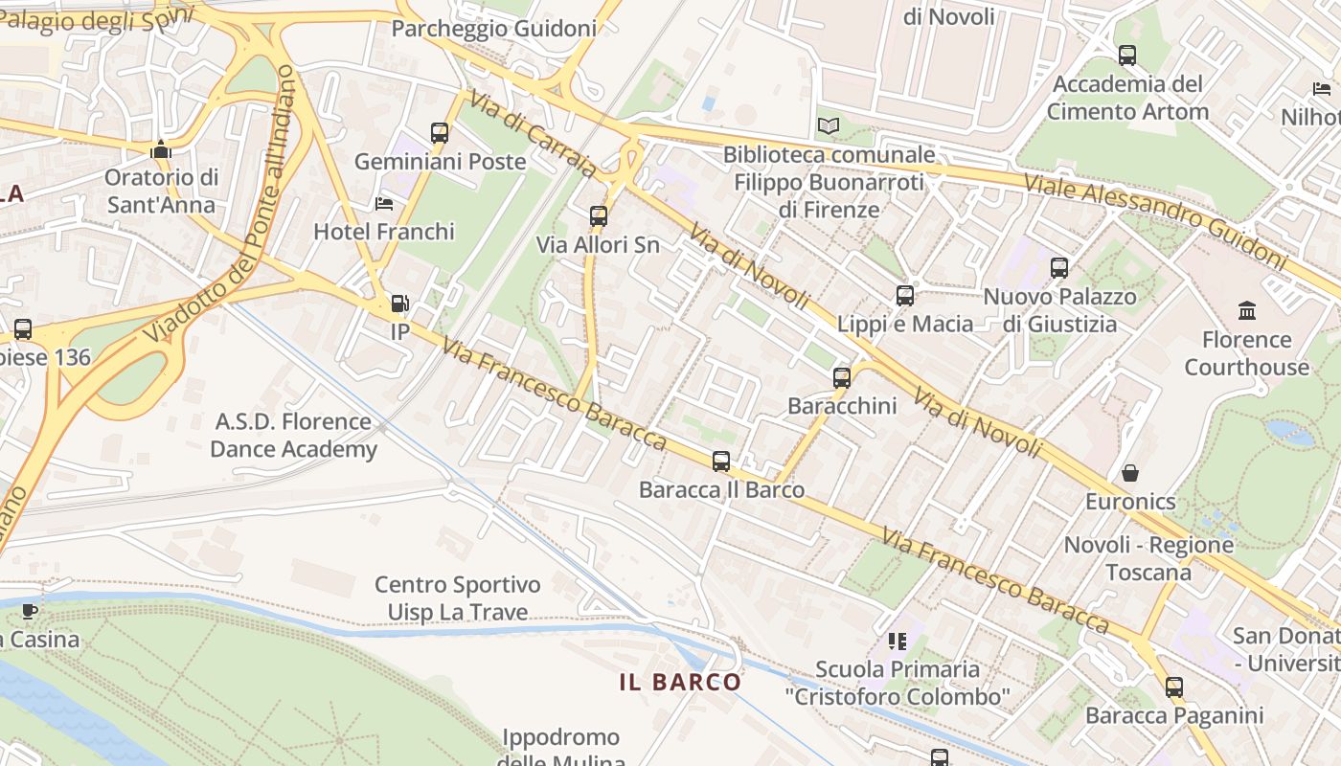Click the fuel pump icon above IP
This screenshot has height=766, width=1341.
[x=399, y=304]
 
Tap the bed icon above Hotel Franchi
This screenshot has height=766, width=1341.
[x=384, y=203]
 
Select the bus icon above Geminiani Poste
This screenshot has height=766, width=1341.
[x=440, y=133]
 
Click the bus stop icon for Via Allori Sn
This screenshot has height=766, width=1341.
[x=599, y=216]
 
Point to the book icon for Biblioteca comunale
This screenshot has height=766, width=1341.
[x=829, y=125]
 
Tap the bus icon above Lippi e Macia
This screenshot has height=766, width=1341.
[x=905, y=296]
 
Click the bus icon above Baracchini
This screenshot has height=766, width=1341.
[x=842, y=378]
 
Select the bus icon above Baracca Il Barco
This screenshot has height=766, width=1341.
[x=721, y=462]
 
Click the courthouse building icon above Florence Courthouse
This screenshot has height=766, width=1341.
[x=1247, y=310]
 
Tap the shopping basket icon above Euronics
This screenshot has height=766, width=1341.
[x=1130, y=473]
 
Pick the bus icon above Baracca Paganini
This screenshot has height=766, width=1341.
[x=1174, y=687]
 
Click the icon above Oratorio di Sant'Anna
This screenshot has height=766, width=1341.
[x=161, y=149]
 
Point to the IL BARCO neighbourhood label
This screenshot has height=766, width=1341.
[x=680, y=683]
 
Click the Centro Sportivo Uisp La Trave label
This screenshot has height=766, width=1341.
[x=457, y=598]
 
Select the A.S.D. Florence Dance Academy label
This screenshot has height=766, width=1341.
[x=293, y=436]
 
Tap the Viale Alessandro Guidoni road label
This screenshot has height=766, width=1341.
[x=1154, y=220]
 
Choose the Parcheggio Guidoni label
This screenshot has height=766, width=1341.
[x=493, y=29]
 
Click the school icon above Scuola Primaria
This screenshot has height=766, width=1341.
[x=898, y=641]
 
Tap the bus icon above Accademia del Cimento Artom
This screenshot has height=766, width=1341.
[x=1127, y=56]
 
